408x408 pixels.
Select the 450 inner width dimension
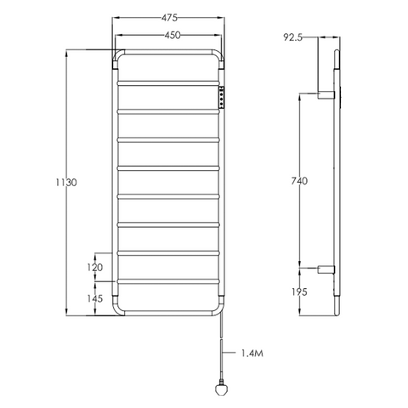coord(167,36)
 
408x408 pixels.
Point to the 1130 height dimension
coord(54,183)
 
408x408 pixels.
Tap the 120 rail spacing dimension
coord(95,267)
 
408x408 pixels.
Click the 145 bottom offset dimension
coord(95,298)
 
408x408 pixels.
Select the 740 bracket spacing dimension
coord(297,181)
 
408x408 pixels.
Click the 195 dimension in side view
coord(297,291)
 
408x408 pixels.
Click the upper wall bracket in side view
coord(326,93)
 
